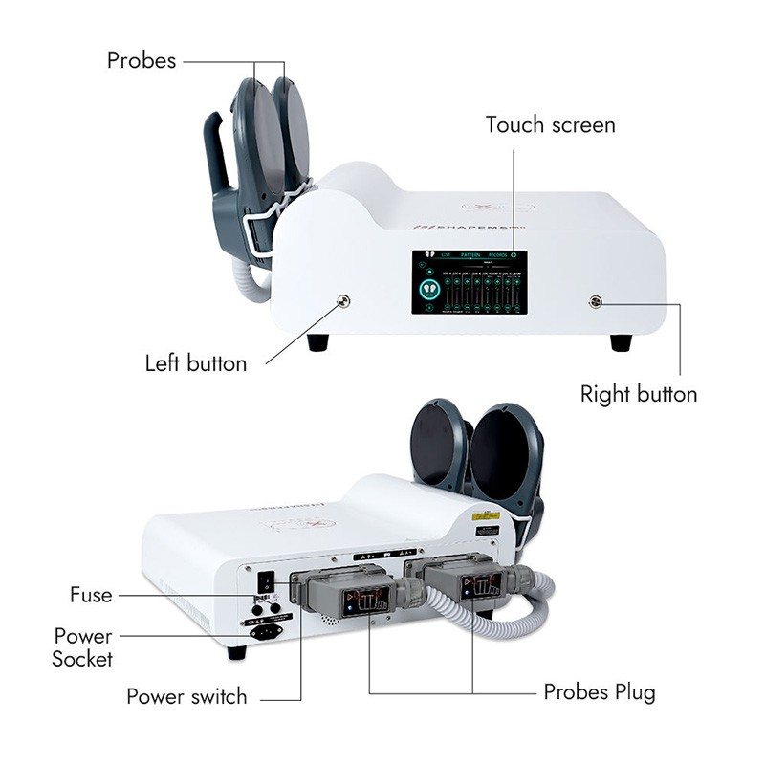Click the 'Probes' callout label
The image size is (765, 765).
click(142, 60)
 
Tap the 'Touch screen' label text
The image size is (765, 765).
click(550, 125)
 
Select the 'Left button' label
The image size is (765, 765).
click(196, 363)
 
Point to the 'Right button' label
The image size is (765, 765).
click(639, 394)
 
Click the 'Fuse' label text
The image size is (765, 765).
click(91, 595)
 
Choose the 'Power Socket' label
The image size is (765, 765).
click(83, 647)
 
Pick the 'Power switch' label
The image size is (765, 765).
click(186, 696)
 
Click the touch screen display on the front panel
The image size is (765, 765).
click(467, 283)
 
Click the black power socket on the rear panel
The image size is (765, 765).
click(264, 631)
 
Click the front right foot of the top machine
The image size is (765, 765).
click(621, 341)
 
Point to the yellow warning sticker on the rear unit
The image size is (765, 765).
click(484, 515)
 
